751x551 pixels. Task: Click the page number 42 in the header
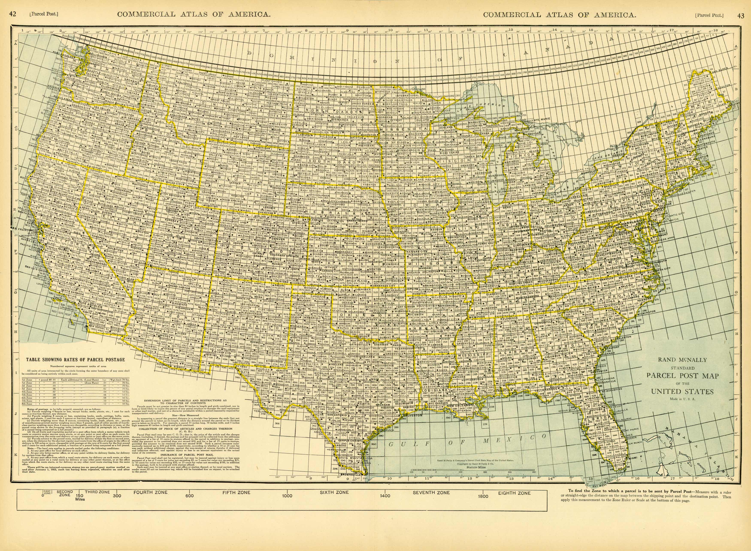(x=13, y=14)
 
